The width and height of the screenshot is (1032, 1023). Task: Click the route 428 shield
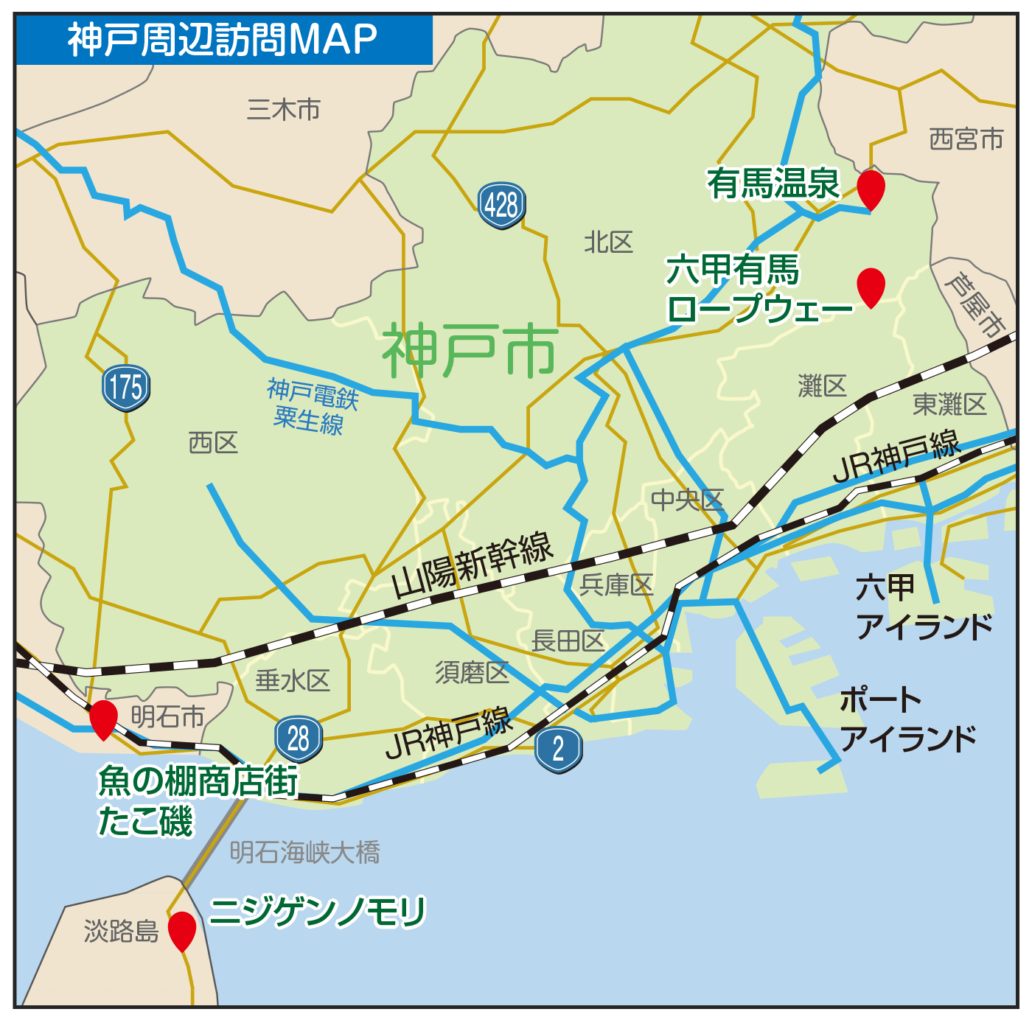click(502, 204)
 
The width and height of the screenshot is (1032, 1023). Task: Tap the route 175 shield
click(126, 387)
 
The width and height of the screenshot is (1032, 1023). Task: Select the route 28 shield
click(299, 739)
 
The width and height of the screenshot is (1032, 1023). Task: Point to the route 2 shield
click(559, 749)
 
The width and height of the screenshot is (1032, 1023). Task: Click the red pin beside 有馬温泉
click(871, 187)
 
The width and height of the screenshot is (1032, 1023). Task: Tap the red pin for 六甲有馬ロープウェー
click(871, 285)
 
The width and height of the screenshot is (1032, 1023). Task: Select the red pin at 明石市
click(103, 718)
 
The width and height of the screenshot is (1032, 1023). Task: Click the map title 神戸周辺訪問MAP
click(223, 40)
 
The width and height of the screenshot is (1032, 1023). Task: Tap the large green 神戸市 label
click(470, 352)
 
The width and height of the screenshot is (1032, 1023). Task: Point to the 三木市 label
click(284, 110)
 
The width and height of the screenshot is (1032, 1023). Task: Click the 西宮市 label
click(966, 139)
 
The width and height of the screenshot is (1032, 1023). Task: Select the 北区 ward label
click(608, 242)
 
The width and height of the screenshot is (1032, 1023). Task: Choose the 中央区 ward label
click(687, 500)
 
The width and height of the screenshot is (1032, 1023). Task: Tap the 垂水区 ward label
click(292, 680)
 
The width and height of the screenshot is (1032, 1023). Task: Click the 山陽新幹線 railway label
click(473, 565)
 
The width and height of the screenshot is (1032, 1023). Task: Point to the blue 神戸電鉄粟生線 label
click(311, 406)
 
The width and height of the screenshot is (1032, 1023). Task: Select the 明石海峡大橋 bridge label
click(304, 853)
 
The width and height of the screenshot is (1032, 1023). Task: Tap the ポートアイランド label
click(907, 719)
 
